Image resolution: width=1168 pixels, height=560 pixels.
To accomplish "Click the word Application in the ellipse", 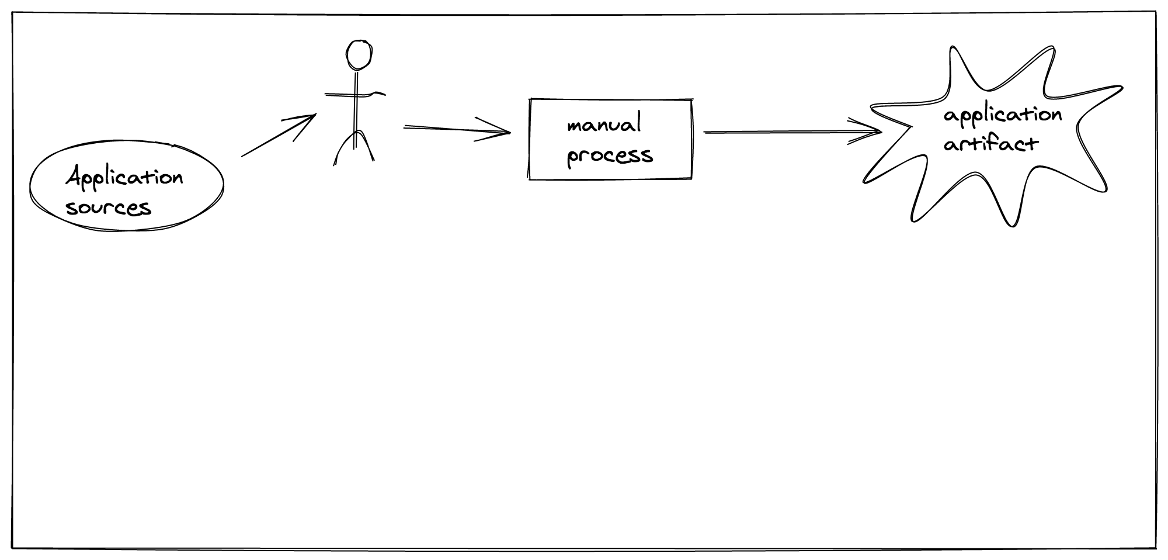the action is pos(124,177).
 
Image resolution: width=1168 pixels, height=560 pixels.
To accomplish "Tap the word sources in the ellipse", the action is pos(109,208).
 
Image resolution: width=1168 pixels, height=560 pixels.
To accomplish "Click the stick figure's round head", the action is pos(359,54).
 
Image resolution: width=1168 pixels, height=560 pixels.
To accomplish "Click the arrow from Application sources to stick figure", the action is pos(274,137).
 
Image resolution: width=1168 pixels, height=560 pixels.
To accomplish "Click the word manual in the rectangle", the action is pos(604,125).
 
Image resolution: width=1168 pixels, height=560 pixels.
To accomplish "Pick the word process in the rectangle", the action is pos(610,155).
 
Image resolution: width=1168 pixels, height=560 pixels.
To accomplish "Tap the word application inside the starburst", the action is pos(1002,115).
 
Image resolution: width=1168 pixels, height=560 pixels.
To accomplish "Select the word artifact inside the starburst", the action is pos(990,144).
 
